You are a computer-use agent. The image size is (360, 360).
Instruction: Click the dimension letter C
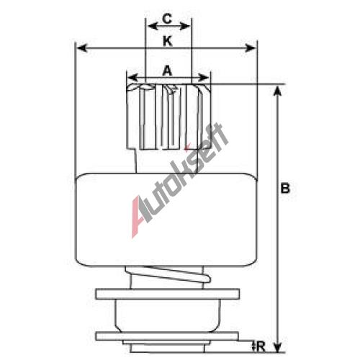167,19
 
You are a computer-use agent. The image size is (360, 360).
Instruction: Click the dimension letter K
168,41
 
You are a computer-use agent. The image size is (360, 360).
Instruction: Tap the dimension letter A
168,71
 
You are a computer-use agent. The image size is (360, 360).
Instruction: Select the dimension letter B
285,188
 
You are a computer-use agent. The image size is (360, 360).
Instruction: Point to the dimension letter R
261,347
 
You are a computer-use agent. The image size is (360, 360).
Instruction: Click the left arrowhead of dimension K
82,48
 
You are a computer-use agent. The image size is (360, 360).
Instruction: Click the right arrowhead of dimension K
250,48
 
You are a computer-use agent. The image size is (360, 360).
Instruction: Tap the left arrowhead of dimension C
153,26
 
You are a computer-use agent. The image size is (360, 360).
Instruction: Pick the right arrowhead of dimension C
184,26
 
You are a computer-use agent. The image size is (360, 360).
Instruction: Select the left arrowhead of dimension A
132,78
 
